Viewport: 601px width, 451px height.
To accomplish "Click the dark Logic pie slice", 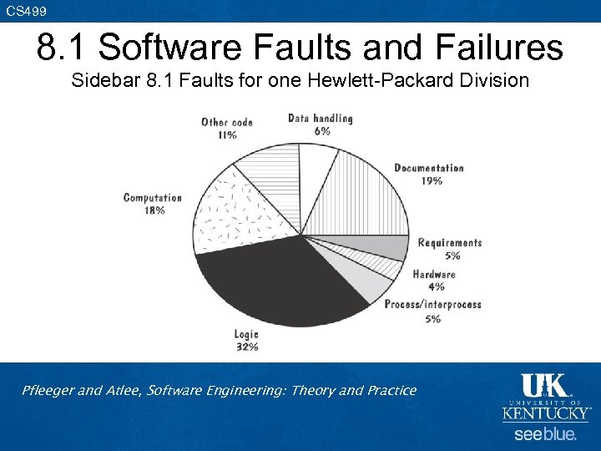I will pos(275,280).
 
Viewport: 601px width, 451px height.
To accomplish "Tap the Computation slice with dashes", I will pos(230,213).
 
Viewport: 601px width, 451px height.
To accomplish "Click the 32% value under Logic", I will pos(246,347).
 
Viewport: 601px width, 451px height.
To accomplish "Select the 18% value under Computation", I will pos(154,210).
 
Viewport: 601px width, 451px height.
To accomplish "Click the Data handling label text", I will pos(321,119).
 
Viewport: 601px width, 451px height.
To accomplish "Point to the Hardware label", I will pos(434,274).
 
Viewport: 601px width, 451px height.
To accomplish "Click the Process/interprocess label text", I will pos(432,305).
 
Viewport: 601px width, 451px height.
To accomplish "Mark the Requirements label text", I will pos(450,243).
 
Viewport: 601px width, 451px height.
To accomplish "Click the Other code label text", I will pos(226,123).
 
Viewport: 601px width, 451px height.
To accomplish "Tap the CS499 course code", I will pos(27,10).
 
